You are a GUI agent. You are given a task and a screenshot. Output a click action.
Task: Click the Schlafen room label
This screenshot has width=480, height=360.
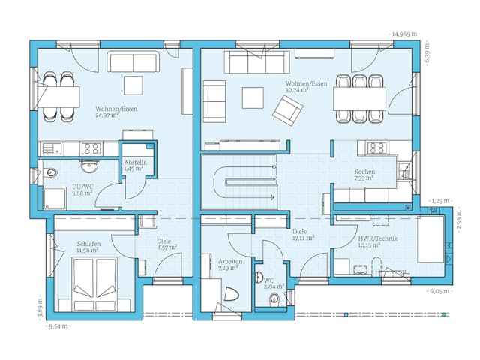coord(88,247)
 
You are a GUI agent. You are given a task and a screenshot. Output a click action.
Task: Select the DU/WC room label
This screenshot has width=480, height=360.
coord(82,190)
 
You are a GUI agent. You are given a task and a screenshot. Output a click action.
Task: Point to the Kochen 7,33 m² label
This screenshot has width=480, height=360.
coord(364,175)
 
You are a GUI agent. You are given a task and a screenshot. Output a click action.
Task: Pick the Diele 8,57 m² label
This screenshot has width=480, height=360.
coord(166,243)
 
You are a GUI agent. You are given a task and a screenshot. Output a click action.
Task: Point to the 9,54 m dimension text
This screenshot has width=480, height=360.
coord(61,328)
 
